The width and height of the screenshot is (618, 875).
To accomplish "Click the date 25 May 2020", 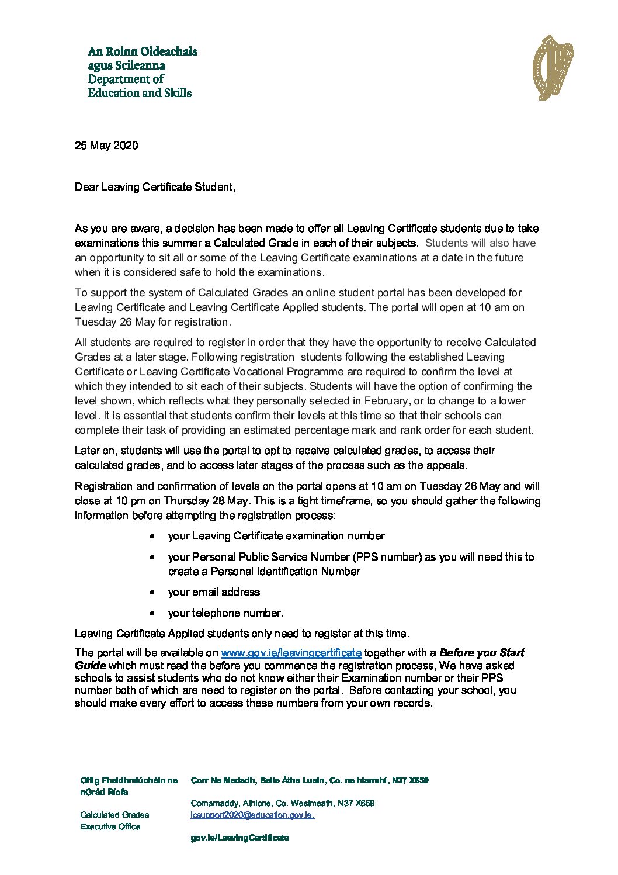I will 106,146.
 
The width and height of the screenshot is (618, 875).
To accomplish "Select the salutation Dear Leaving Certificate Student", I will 155,187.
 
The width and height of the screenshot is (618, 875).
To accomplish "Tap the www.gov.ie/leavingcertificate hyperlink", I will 291,653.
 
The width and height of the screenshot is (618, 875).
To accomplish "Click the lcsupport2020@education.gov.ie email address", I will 252,815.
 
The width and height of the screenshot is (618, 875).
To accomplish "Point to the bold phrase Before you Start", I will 481,653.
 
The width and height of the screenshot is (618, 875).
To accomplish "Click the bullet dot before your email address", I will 152,593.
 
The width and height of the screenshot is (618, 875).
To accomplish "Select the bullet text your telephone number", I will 225,613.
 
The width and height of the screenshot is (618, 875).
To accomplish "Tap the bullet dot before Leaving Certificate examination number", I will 152,537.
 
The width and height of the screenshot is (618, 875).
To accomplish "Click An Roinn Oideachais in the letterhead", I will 143,51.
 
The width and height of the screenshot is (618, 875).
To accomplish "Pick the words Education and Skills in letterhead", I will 140,93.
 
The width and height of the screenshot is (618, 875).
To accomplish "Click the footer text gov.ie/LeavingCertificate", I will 239,838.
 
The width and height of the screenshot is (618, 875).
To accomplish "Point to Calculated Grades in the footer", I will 114,815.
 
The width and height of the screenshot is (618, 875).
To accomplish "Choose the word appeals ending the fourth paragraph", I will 447,465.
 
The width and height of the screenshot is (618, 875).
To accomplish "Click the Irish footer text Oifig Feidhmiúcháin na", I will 129,780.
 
